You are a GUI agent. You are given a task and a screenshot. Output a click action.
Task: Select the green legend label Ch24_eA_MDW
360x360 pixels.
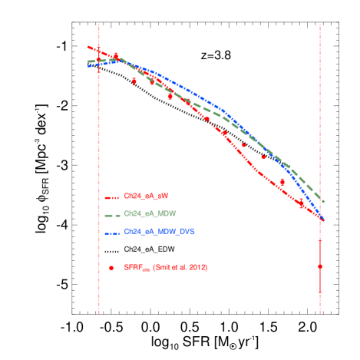click(x=150, y=213)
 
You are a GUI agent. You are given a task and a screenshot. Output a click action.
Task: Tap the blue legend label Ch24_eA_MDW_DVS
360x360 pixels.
click(x=157, y=231)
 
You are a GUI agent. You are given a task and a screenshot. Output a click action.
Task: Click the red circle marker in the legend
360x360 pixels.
click(x=111, y=268)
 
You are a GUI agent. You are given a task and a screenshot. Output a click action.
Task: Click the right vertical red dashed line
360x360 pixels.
click(x=320, y=115)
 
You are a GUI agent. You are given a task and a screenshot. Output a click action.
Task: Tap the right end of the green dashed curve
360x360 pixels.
click(x=324, y=202)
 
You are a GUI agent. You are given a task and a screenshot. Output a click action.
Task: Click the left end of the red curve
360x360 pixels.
click(x=88, y=48)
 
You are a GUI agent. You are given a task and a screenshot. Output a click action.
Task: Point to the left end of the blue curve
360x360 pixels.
click(x=88, y=66)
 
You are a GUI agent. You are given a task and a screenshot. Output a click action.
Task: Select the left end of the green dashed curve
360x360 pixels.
click(x=88, y=61)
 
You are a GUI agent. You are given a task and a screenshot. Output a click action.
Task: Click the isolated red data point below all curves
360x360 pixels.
click(x=320, y=266)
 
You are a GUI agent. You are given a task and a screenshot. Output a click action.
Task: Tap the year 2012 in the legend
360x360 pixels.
click(x=197, y=267)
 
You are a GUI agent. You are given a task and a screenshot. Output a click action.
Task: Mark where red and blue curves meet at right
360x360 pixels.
click(x=322, y=220)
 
